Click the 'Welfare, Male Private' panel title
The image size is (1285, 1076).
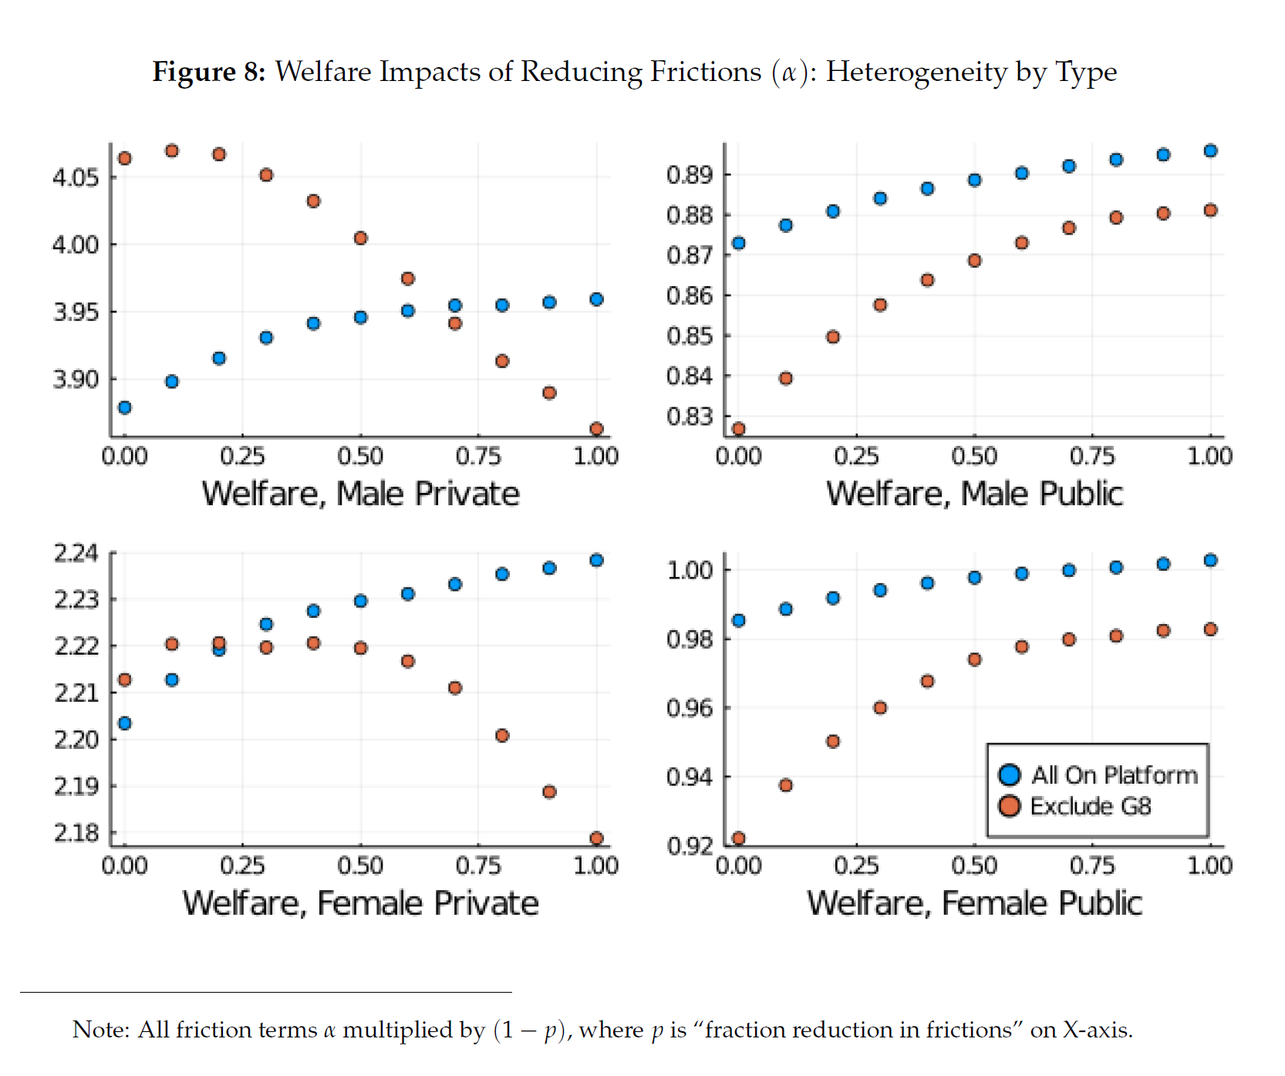(x=360, y=494)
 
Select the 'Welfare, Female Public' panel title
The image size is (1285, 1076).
(x=974, y=903)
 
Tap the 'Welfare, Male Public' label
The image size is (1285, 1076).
(x=974, y=494)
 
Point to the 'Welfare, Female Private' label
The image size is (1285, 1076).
(x=360, y=903)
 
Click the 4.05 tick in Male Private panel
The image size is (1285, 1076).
(x=76, y=178)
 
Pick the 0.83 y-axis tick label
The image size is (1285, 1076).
(x=690, y=417)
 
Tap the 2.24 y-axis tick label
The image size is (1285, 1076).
(x=76, y=553)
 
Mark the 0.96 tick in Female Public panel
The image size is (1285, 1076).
(x=690, y=708)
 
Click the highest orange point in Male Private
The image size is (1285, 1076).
(x=172, y=150)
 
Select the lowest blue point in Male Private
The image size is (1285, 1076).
(x=125, y=407)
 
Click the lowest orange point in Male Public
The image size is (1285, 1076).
(x=739, y=429)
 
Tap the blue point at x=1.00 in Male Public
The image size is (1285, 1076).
(x=1210, y=150)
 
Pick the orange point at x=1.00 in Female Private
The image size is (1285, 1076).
(x=596, y=838)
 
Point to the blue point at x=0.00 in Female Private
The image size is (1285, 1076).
(x=125, y=723)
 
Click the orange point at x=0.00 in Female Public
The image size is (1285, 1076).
(x=739, y=838)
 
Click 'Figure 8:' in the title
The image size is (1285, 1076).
(x=208, y=72)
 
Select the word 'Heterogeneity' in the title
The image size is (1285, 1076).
(x=916, y=72)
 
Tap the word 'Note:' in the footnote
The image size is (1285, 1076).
(x=101, y=1030)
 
